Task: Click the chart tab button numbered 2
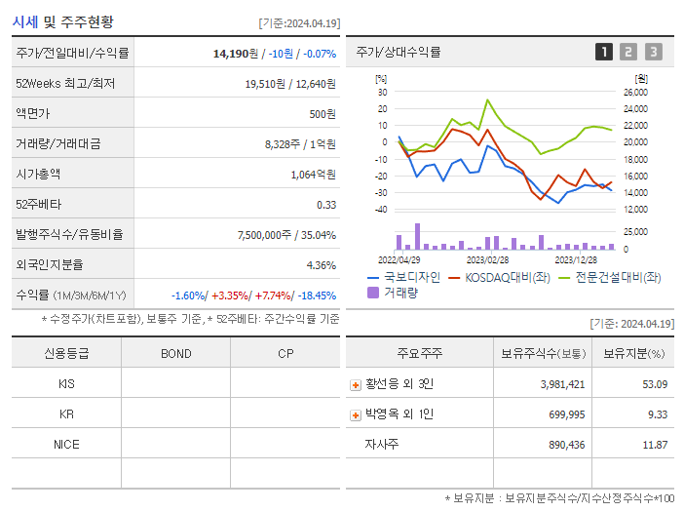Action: point(628,52)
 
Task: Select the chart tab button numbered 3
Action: point(653,52)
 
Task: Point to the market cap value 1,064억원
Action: point(313,175)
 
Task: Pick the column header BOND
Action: point(175,353)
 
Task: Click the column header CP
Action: point(285,353)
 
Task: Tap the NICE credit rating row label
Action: point(66,445)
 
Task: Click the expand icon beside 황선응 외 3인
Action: point(356,385)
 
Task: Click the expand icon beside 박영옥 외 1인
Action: point(356,415)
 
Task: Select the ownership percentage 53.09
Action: point(655,384)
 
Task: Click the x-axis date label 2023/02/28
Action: point(487,259)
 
